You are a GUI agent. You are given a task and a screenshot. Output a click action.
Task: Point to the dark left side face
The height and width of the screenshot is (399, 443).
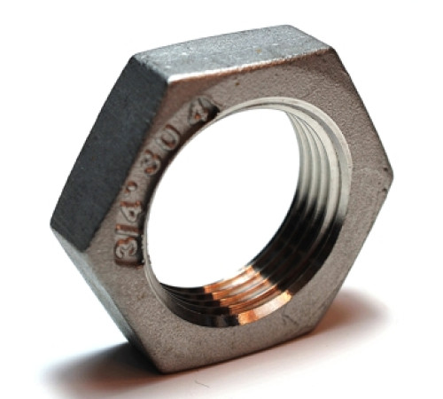click(x=93, y=151)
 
